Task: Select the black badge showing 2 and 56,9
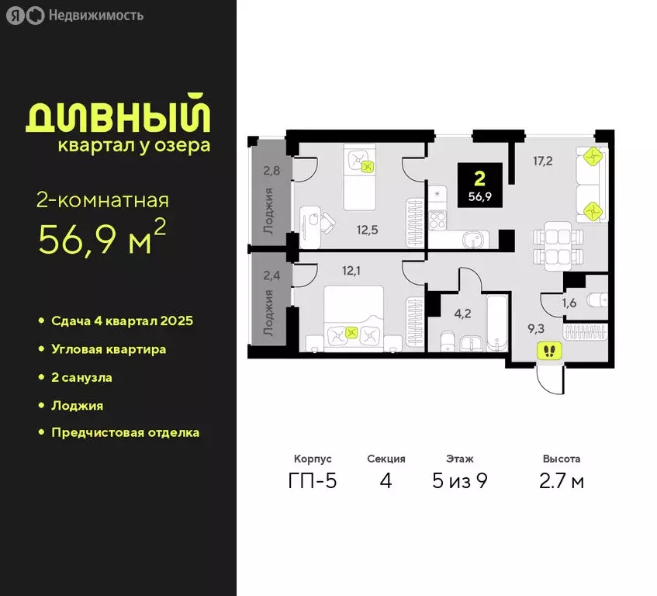[x=479, y=185]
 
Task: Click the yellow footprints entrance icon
[x=549, y=351]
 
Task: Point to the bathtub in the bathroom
[x=497, y=321]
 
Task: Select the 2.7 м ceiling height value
[x=562, y=481]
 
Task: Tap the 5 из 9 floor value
[x=460, y=481]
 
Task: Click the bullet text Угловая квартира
[x=109, y=349]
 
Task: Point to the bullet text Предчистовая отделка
[x=126, y=432]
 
